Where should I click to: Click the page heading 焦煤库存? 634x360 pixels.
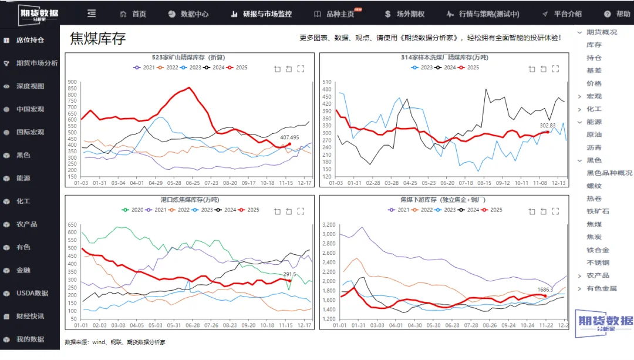[98, 39]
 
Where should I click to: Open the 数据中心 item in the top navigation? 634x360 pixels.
[194, 14]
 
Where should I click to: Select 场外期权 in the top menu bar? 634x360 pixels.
[410, 14]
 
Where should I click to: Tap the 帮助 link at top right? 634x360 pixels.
[623, 14]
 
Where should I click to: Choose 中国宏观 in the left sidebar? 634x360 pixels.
[30, 109]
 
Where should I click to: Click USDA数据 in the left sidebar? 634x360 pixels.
[32, 293]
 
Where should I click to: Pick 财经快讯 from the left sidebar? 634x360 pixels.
[30, 316]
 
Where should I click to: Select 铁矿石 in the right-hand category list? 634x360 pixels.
[598, 211]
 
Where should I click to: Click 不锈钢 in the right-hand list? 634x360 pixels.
[598, 263]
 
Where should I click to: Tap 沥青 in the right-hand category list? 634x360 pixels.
[593, 147]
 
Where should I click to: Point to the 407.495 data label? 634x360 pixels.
[289, 137]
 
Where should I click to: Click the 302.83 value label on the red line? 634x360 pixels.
[547, 126]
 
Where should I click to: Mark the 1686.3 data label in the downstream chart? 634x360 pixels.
[545, 290]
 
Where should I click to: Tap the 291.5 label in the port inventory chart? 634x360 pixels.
[289, 274]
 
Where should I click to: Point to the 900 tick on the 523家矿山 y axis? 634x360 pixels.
[72, 82]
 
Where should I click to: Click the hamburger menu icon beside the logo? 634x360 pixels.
[92, 13]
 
